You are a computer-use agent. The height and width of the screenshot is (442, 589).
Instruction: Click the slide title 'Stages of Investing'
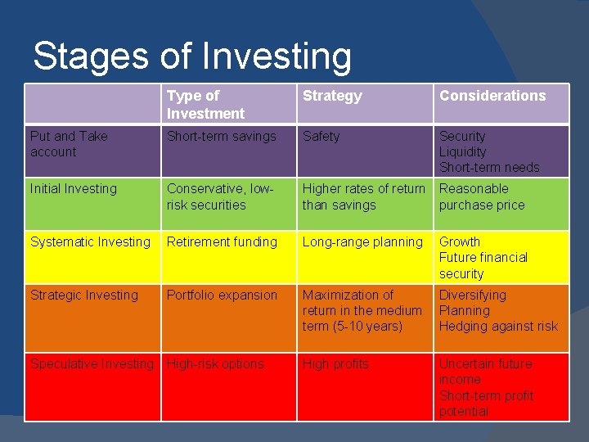[192, 56]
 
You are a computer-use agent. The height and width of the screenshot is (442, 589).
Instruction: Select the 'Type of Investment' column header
[205, 105]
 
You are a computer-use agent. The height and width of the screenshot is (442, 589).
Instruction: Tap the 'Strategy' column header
[331, 96]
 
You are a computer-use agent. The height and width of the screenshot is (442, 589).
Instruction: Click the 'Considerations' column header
[492, 96]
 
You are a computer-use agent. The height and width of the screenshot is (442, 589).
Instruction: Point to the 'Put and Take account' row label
[69, 144]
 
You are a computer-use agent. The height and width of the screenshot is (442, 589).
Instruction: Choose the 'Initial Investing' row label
[74, 189]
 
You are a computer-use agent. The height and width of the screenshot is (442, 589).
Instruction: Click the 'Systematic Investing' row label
[90, 242]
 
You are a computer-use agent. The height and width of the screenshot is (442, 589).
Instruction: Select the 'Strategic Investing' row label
[84, 295]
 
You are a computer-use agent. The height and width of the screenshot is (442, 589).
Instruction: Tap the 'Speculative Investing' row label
[92, 364]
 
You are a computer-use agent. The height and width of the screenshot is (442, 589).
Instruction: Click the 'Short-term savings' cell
[221, 137]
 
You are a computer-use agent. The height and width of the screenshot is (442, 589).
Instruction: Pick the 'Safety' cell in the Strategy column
[321, 137]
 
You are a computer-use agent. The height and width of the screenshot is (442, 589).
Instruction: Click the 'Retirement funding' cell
[222, 242]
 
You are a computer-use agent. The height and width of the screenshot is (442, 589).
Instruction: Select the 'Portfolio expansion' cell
[222, 295]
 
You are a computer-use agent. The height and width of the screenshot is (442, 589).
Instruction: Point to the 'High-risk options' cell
[215, 364]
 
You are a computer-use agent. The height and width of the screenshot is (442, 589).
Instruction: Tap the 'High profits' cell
[335, 364]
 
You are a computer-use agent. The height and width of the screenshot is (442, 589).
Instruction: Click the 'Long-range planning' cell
[362, 242]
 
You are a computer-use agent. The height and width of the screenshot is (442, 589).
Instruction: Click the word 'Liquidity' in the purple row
[462, 152]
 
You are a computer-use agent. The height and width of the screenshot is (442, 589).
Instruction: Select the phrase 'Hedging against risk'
[498, 327]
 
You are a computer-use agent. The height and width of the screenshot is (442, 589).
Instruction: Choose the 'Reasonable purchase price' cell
[482, 197]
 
